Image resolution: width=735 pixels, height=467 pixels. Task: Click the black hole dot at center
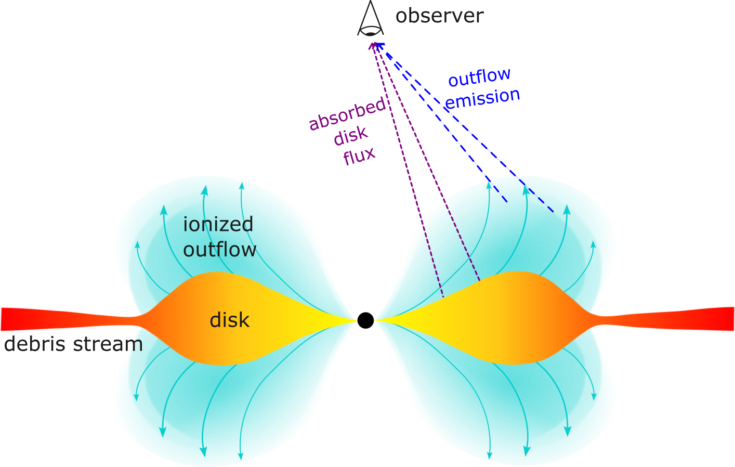(x=365, y=320)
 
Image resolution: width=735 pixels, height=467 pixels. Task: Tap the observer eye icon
(x=370, y=21)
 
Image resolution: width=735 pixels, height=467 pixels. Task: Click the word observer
(x=439, y=16)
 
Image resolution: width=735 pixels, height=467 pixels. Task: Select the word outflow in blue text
(x=479, y=77)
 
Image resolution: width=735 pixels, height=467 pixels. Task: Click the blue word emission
(x=482, y=98)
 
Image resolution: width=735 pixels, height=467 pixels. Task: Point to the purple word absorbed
(x=347, y=114)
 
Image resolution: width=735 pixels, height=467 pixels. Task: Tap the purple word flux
(x=359, y=155)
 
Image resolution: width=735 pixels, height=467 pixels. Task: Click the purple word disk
(x=351, y=136)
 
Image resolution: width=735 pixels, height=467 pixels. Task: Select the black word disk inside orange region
(x=229, y=320)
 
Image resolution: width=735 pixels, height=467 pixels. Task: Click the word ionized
(x=218, y=225)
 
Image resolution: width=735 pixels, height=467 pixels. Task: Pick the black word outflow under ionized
(x=219, y=250)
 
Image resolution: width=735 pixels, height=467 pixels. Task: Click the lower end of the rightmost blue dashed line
(x=554, y=212)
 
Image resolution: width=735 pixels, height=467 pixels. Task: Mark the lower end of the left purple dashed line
(x=443, y=297)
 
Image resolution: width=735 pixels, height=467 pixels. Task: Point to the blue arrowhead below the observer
(x=379, y=45)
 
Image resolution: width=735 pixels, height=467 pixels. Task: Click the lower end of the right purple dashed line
(x=479, y=281)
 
